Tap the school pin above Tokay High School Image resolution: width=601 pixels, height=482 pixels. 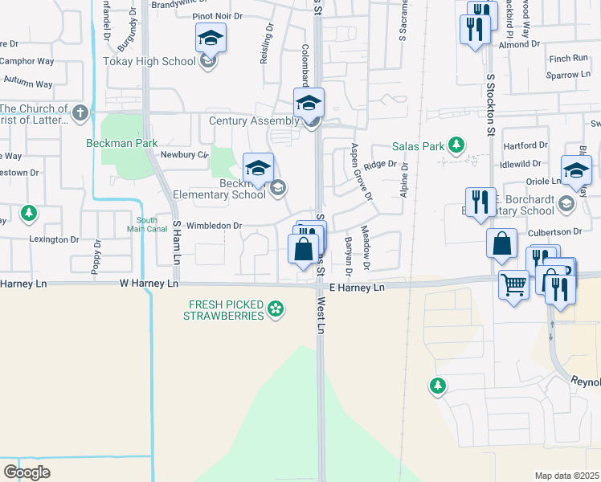[211, 38]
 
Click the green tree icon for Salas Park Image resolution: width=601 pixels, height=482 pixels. [456, 145]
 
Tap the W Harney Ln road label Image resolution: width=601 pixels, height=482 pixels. [148, 284]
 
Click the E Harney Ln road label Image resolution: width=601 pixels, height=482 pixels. [356, 287]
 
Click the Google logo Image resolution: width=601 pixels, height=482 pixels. [27, 472]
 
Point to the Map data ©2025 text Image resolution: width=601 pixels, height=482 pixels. [566, 476]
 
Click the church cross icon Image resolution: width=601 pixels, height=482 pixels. [80, 113]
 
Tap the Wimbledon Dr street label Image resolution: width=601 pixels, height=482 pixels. [213, 226]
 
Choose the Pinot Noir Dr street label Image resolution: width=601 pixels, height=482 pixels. [217, 15]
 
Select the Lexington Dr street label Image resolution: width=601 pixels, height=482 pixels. [54, 239]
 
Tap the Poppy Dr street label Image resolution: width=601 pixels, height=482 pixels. [96, 257]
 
